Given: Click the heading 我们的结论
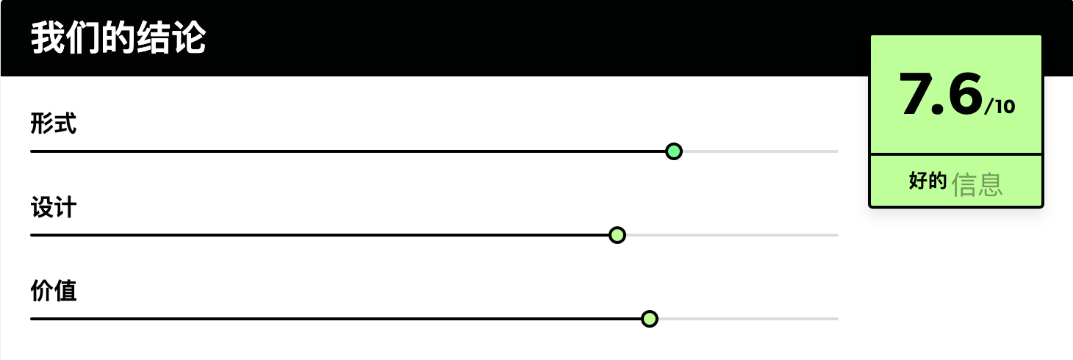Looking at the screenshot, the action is [x=118, y=37].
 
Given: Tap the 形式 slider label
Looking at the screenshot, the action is [x=53, y=123].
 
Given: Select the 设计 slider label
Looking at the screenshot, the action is [x=53, y=207].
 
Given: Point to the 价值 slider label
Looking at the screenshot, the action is [x=53, y=291].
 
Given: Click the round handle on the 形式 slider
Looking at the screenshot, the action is [x=673, y=151].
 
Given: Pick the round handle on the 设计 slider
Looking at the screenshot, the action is [x=617, y=235].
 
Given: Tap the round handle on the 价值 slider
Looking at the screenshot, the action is [x=650, y=319].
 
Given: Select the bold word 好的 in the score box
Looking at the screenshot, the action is [x=928, y=181].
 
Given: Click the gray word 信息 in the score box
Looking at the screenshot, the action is [x=977, y=184].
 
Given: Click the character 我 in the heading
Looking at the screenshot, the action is [x=48, y=37].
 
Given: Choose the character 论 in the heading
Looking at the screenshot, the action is [x=190, y=37].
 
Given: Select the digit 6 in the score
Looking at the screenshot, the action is [x=963, y=94].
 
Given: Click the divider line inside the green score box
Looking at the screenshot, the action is [x=956, y=154].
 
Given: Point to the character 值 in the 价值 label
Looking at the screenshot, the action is [x=65, y=291].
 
